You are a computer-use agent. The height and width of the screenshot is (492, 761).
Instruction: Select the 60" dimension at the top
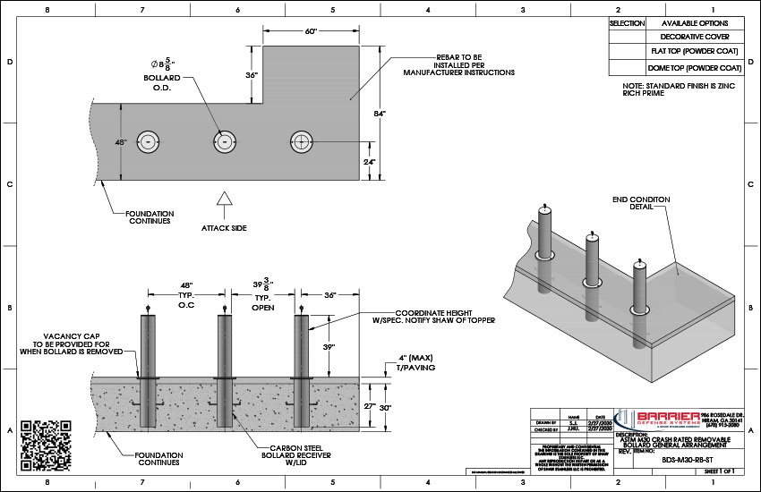(x=311, y=31)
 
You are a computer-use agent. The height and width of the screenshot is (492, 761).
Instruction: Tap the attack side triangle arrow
(x=225, y=201)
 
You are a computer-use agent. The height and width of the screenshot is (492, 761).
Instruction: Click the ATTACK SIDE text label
(x=225, y=228)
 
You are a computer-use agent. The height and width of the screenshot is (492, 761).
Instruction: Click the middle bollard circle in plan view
(x=224, y=140)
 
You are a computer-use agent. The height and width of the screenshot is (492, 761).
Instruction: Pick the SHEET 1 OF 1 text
(x=719, y=471)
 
